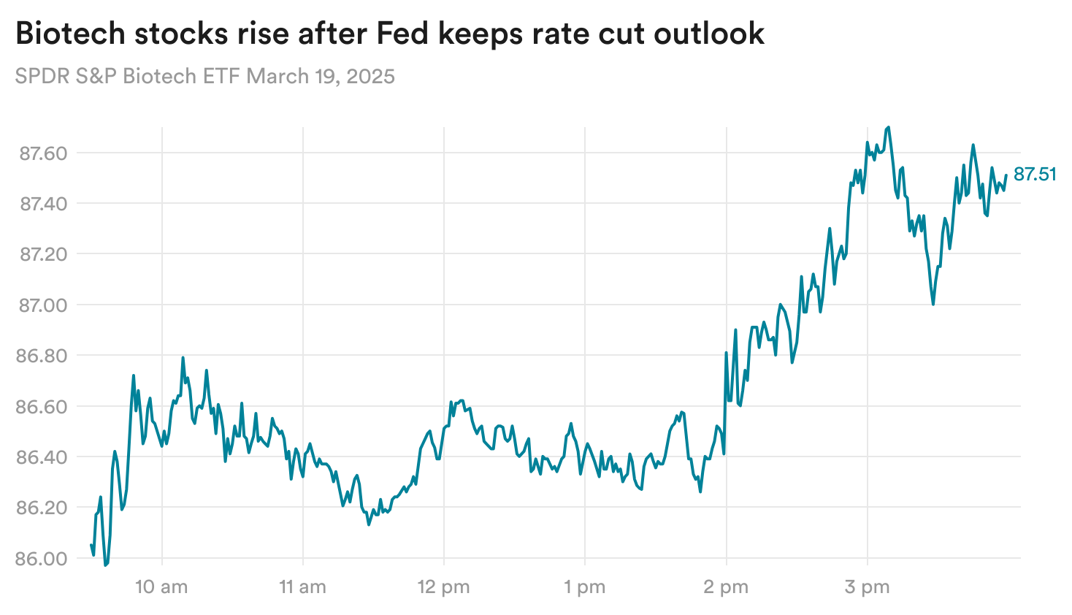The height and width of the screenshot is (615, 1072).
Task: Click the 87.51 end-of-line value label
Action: [1035, 174]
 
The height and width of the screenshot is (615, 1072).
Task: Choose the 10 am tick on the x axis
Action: [161, 587]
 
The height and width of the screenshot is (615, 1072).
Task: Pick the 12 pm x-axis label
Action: [443, 587]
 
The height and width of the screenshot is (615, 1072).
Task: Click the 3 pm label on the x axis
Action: [867, 587]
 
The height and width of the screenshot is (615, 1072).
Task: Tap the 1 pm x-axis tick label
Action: [584, 587]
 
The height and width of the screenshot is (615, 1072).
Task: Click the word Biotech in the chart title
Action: [69, 34]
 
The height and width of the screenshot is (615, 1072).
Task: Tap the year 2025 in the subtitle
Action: [370, 76]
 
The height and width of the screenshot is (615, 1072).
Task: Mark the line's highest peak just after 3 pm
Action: [888, 127]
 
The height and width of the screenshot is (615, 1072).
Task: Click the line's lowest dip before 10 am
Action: [105, 565]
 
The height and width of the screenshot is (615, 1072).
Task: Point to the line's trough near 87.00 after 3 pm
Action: [933, 304]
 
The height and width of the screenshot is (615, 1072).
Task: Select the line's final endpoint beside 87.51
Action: [1006, 175]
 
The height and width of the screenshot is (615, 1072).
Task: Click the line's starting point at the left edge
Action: [91, 545]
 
